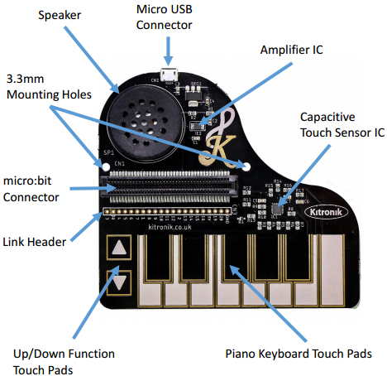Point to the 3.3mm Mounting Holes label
[41, 86]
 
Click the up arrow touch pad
[121, 248]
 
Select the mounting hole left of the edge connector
[104, 165]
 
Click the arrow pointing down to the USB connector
[169, 52]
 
